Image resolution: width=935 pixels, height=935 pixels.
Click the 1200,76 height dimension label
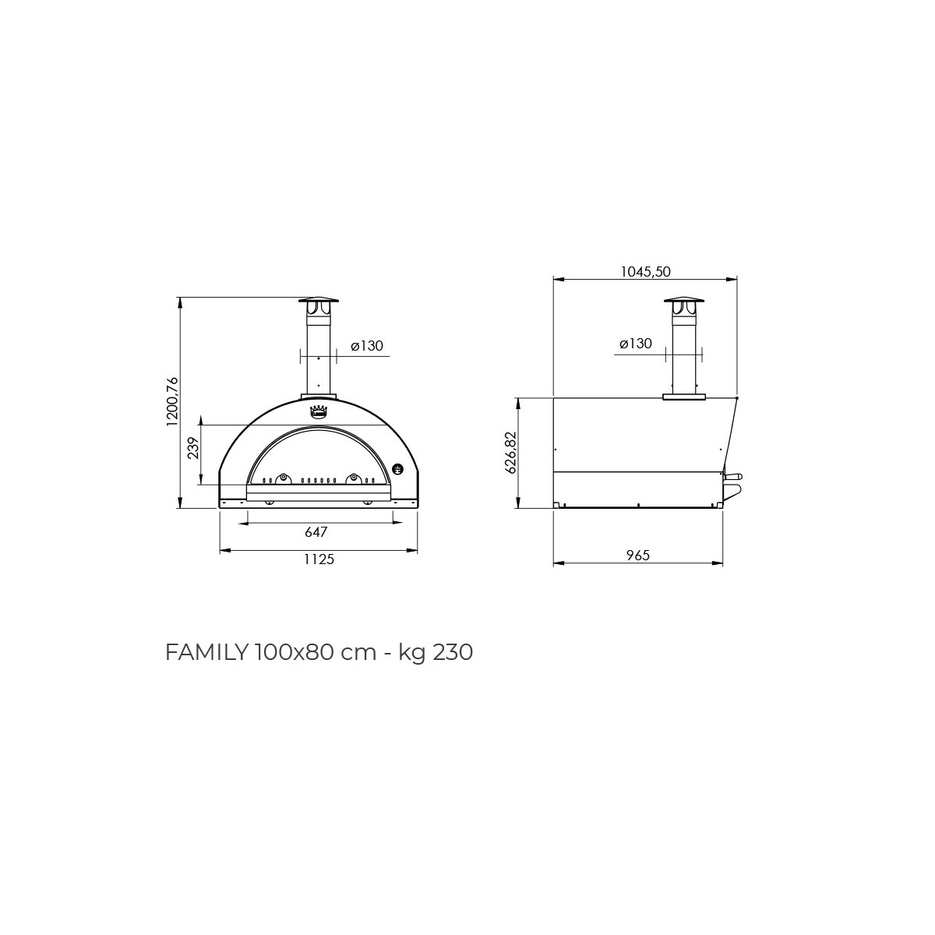[x=173, y=401]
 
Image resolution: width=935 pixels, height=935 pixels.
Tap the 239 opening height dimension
[x=193, y=448]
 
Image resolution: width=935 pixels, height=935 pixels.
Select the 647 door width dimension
[x=316, y=532]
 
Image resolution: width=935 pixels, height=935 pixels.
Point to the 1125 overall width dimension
[x=319, y=559]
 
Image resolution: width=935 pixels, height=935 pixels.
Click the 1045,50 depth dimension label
[x=645, y=272]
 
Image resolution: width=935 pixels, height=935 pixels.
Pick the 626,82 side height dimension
[x=510, y=453]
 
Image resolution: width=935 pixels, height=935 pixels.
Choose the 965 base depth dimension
[x=637, y=556]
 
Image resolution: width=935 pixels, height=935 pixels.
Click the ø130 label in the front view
[x=367, y=346]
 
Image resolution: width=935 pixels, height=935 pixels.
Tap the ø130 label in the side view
[x=636, y=344]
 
